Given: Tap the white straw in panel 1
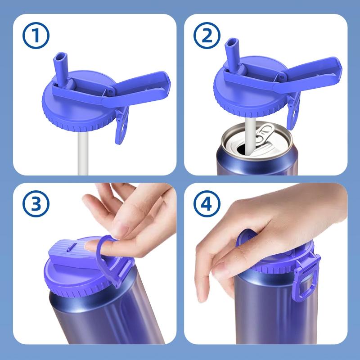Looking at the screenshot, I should click(x=82, y=153).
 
